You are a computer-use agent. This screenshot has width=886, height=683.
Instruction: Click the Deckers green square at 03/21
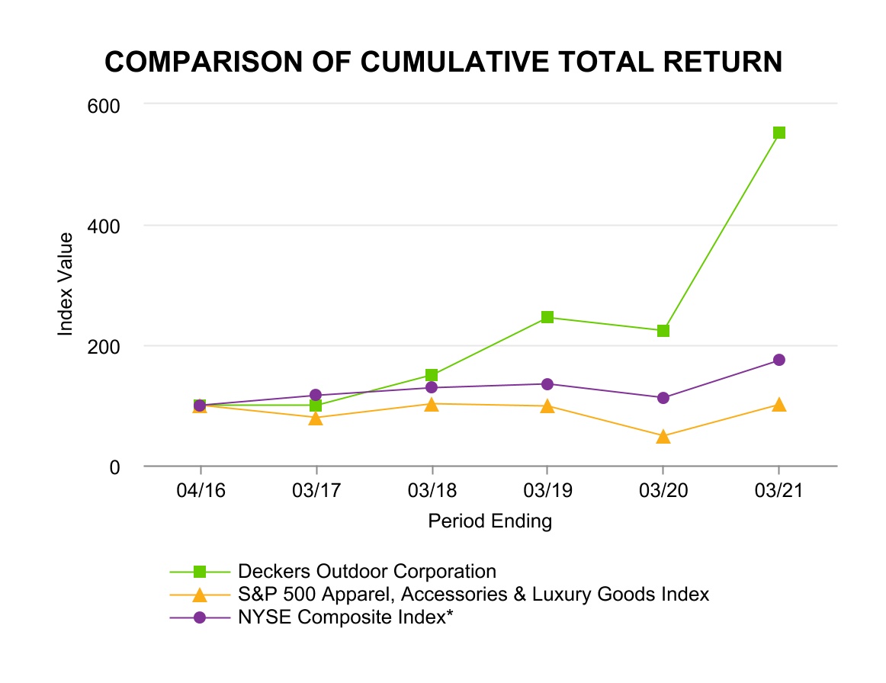(778, 133)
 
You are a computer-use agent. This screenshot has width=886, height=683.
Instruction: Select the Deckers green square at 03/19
(547, 317)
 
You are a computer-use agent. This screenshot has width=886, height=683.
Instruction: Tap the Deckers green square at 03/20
(663, 331)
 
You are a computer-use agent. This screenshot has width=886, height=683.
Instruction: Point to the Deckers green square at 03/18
(432, 375)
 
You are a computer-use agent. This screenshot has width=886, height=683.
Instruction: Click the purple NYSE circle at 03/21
(778, 360)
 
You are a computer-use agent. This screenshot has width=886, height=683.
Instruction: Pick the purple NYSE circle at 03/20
(663, 398)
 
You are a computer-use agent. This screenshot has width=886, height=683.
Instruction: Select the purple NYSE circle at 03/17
(316, 395)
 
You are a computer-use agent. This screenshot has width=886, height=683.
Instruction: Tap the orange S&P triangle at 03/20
(663, 437)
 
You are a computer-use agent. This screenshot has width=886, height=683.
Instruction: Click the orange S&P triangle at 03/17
(316, 418)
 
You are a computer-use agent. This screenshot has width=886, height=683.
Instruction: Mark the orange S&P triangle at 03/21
(778, 405)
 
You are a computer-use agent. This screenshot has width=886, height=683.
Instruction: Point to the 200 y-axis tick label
(105, 346)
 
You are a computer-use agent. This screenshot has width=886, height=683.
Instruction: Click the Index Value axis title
(66, 284)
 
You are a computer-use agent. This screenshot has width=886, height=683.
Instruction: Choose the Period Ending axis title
(490, 522)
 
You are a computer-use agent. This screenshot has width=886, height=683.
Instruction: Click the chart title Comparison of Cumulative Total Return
(444, 63)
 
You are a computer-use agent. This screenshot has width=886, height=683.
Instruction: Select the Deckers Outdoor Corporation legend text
(367, 571)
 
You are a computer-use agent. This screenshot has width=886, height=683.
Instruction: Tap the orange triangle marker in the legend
(199, 594)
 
